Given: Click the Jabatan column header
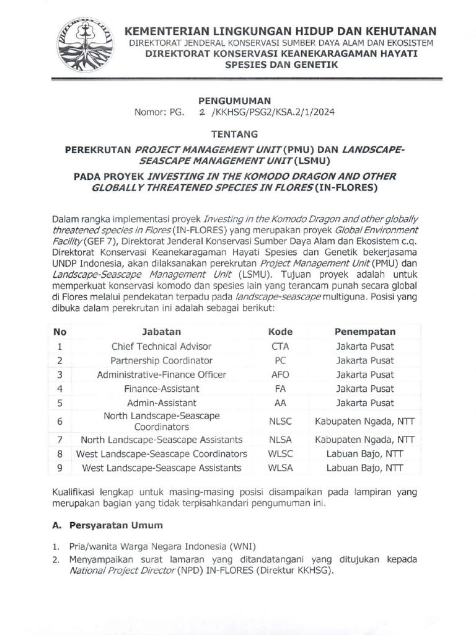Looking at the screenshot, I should pyautogui.click(x=161, y=332).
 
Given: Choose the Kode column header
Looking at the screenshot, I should pyautogui.click(x=280, y=332).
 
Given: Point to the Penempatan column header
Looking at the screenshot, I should pyautogui.click(x=365, y=332).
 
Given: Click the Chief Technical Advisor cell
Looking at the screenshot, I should pyautogui.click(x=161, y=347).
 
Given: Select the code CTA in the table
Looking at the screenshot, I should pyautogui.click(x=280, y=347).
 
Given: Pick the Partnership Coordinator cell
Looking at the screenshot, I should pyautogui.click(x=161, y=360).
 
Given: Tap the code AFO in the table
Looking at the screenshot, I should pyautogui.click(x=280, y=375).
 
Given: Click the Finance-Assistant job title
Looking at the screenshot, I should pyautogui.click(x=161, y=389).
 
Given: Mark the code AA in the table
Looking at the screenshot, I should pyautogui.click(x=280, y=403).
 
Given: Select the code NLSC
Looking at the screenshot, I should pyautogui.click(x=280, y=421).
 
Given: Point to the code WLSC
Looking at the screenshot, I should pyautogui.click(x=280, y=454).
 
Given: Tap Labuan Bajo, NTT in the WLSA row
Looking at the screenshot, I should pyautogui.click(x=365, y=468).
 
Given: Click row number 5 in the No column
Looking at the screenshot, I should pyautogui.click(x=60, y=403).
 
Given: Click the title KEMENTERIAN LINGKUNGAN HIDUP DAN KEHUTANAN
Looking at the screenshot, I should pyautogui.click(x=281, y=31).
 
